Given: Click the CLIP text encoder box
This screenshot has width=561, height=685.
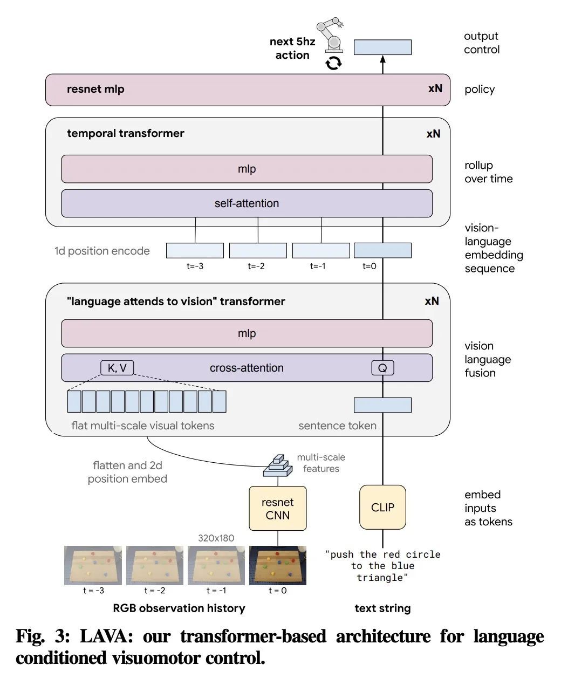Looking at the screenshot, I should [382, 507].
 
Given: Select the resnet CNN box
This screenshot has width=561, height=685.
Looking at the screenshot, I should [277, 508].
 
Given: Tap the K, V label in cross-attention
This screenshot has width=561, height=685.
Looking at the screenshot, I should [117, 368].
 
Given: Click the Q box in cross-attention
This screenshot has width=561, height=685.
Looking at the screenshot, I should [382, 368].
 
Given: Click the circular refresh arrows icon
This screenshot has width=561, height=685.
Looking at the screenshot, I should [333, 63].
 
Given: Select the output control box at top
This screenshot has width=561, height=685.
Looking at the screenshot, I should [382, 47].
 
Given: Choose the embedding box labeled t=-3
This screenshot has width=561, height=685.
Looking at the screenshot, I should [195, 250].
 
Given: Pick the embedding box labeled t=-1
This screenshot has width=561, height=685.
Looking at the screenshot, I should [321, 250].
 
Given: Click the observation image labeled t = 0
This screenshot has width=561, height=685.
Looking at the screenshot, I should [277, 565].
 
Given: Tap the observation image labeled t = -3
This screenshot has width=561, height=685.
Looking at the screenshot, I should [93, 565].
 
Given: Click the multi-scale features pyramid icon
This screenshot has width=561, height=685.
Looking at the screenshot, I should [277, 465].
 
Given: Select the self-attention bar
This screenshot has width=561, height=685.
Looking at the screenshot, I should [247, 203].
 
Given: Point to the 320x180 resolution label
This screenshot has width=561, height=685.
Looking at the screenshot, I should [216, 538].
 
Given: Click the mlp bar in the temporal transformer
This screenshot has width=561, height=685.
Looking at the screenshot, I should [247, 169].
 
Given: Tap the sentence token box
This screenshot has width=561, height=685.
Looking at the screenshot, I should [382, 405].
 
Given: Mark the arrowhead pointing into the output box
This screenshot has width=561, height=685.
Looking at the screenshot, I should [382, 60].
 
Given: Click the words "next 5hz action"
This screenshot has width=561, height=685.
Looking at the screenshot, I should [292, 48].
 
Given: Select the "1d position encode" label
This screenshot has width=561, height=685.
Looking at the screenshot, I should [102, 251].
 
